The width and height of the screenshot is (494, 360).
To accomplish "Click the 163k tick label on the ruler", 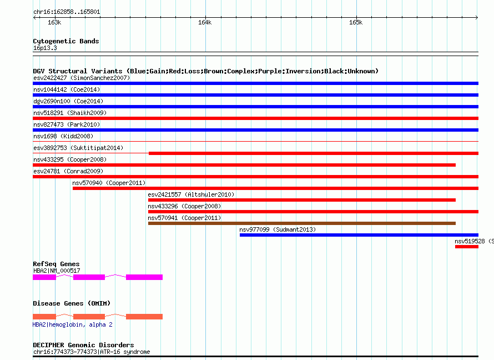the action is pos(54,22).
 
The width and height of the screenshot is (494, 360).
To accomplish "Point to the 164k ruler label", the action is pos(205,22).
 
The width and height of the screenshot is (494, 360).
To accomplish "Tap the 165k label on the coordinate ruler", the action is pos(356,22).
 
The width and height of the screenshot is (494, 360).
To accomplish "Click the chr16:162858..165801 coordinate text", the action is pos(67,12).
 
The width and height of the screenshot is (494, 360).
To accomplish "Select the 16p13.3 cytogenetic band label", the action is pos(45,48).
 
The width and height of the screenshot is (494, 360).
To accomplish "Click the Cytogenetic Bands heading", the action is pos(66,41).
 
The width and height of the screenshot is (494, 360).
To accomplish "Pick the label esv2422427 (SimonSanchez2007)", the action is pos(82,78).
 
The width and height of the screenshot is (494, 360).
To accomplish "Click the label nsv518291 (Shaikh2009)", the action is pos(70,113).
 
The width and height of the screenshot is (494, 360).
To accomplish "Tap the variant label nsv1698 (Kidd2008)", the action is pos(63,136).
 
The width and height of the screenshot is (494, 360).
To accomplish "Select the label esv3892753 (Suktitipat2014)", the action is pos(78,148).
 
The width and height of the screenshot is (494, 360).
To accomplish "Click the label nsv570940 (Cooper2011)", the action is pos(109,183).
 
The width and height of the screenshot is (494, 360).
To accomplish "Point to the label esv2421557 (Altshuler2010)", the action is pos(191,194).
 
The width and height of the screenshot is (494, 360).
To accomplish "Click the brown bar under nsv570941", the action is pos(302,223).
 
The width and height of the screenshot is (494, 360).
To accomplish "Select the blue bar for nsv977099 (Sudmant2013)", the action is pos(359,235).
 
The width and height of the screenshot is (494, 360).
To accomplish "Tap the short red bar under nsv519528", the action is pos(467,247).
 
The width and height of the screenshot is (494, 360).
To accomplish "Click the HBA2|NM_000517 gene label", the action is pos(57,271).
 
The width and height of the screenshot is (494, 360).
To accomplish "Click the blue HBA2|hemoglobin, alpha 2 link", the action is pos(73,324).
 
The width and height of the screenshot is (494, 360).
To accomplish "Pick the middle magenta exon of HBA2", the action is pos(89,277).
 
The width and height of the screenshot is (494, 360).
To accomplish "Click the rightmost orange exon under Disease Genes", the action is pos(144,317).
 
